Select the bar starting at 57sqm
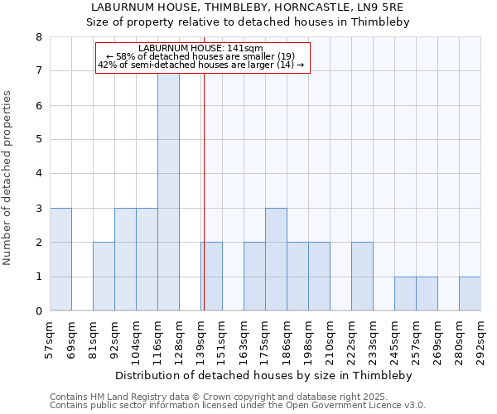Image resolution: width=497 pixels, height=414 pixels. tap(60, 259)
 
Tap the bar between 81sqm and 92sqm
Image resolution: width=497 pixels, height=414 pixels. tap(104, 277)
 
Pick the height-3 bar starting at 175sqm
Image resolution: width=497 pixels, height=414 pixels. tap(276, 259)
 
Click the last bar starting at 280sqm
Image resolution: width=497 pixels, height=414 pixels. tap(470, 294)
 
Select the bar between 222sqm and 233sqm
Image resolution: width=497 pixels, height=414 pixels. tap(362, 277)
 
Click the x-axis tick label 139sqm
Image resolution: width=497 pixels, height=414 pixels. tap(201, 339)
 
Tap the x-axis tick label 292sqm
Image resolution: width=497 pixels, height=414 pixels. tap(481, 339)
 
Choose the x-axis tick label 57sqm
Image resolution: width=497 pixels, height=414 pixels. tap(51, 339)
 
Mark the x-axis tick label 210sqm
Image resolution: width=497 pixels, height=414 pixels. tap(331, 339)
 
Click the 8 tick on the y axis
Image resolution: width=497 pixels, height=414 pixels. tap(38, 37)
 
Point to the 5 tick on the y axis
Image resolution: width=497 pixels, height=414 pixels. tap(38, 140)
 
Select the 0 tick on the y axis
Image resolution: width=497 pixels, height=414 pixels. tap(38, 311)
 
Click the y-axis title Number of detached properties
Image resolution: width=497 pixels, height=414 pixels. tap(9, 178)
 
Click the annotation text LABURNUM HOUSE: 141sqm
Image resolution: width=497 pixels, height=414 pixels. tap(201, 49)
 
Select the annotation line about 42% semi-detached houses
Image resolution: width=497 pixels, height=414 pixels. tap(201, 65)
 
